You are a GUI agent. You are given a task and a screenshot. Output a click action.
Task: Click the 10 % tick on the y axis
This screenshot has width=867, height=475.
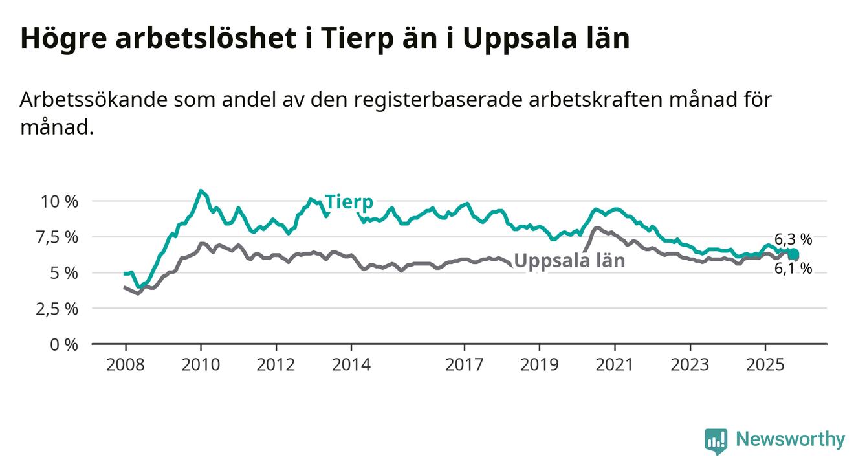pyautogui.click(x=60, y=201)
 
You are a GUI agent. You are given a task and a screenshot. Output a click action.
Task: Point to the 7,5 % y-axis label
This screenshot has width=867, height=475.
pyautogui.click(x=60, y=237)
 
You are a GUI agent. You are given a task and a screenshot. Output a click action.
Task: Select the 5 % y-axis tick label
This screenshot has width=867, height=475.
pyautogui.click(x=65, y=272)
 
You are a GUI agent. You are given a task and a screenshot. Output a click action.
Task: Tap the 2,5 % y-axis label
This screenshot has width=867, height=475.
pyautogui.click(x=60, y=308)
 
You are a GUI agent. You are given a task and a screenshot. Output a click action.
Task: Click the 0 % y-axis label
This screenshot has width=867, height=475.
pyautogui.click(x=65, y=344)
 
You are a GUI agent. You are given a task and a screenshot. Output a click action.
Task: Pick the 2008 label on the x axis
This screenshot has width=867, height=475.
pyautogui.click(x=125, y=364)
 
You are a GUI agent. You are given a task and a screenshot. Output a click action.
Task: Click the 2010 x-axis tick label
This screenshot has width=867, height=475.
pyautogui.click(x=201, y=364)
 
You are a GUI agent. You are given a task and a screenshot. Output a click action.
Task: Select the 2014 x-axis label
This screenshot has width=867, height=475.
pyautogui.click(x=351, y=364)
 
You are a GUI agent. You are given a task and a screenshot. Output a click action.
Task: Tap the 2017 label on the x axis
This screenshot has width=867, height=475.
pyautogui.click(x=465, y=364)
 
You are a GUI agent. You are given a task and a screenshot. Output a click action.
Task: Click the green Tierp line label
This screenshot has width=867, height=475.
pyautogui.click(x=349, y=203)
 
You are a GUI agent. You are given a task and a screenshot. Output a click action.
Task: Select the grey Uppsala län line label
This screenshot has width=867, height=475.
pyautogui.click(x=569, y=261)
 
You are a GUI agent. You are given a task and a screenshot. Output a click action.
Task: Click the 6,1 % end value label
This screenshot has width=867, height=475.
pyautogui.click(x=793, y=268)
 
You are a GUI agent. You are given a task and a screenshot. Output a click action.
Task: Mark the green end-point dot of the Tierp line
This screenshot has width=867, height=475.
pyautogui.click(x=793, y=254)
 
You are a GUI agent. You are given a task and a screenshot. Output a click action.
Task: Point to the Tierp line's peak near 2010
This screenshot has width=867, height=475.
pyautogui.click(x=201, y=191)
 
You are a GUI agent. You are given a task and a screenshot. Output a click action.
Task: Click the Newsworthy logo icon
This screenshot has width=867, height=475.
pyautogui.click(x=716, y=441)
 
